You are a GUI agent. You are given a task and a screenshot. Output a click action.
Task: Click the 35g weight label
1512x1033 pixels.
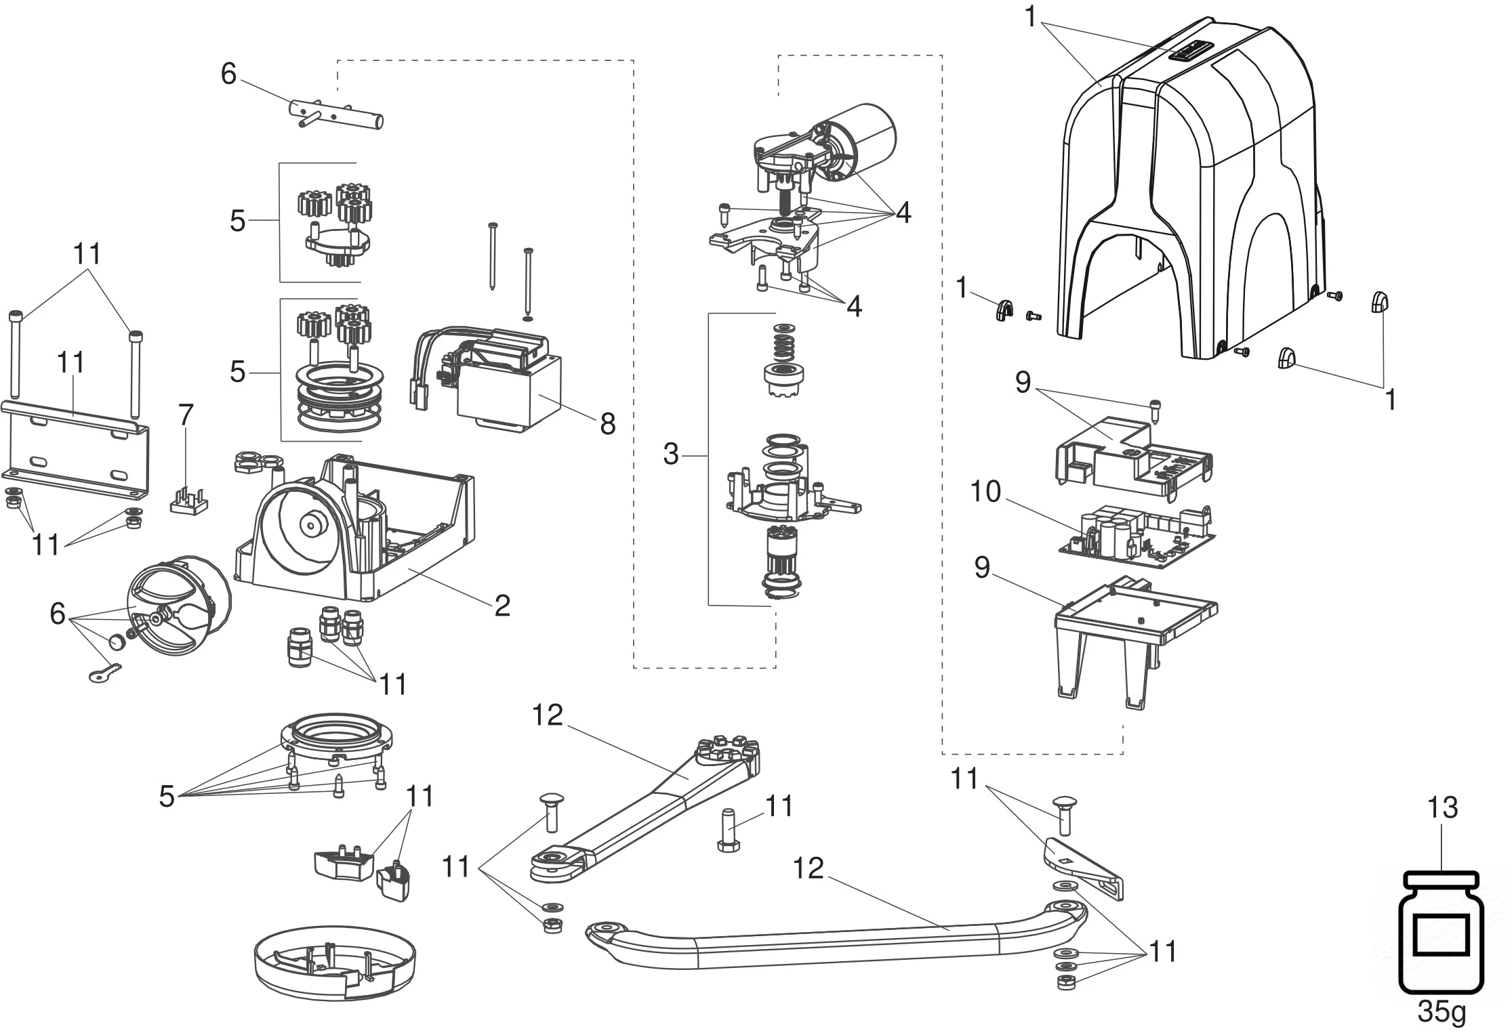[1441, 1012]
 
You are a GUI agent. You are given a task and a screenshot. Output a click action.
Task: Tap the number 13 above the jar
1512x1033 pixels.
[1442, 807]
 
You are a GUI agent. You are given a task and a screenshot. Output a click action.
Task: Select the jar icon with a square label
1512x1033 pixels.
[1441, 932]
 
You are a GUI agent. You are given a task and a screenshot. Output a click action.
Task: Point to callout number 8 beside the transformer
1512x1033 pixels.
[607, 424]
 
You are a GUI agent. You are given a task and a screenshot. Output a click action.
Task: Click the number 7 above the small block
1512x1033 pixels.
[185, 415]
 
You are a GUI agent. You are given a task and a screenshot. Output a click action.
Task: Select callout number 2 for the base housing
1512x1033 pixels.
[502, 605]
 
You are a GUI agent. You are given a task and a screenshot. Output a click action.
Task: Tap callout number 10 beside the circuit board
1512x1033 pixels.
[985, 492]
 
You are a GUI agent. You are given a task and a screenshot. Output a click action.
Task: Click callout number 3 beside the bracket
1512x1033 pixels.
[670, 454]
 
